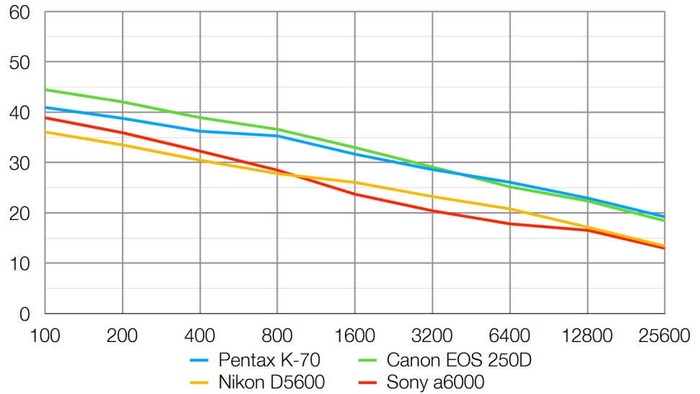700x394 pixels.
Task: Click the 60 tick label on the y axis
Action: point(19,12)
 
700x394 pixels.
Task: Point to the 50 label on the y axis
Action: point(19,63)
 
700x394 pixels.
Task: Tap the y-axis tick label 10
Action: point(19,264)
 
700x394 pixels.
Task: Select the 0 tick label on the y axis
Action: point(25,315)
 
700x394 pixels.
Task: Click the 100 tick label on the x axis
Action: point(45,336)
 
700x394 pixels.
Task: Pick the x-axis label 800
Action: point(277,336)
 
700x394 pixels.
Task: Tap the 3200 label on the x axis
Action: point(432,336)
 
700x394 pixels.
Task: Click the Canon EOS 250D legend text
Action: point(453,359)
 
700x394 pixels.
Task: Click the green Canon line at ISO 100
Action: point(46,90)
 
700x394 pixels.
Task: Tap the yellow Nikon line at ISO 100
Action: point(46,132)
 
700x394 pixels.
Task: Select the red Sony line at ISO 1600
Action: point(355,194)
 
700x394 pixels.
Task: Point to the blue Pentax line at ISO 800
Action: point(277,136)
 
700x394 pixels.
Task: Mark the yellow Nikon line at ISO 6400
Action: point(509,209)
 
